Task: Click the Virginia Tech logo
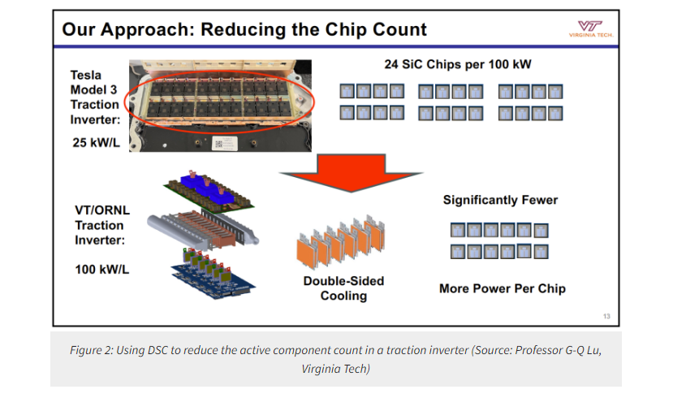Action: pos(591,29)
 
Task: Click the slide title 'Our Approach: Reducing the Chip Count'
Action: pos(244,29)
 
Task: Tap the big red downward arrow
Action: pos(351,172)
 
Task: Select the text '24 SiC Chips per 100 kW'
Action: pos(458,64)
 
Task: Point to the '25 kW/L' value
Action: pos(96,142)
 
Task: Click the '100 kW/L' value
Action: pos(101,270)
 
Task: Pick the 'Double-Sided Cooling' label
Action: pos(343,288)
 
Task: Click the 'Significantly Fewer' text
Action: pos(500,200)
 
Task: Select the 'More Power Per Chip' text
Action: pos(503,288)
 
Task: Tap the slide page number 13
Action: pos(606,317)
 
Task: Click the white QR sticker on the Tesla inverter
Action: pos(224,143)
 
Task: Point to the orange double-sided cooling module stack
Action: pos(341,241)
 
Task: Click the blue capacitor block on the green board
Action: pos(208,190)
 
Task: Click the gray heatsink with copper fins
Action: pos(203,231)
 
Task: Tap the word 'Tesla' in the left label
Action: pos(86,76)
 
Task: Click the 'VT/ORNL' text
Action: pos(102,210)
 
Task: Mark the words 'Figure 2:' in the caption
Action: pos(92,350)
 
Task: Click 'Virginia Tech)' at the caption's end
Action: pos(335,370)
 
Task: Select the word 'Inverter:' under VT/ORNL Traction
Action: pos(100,240)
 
